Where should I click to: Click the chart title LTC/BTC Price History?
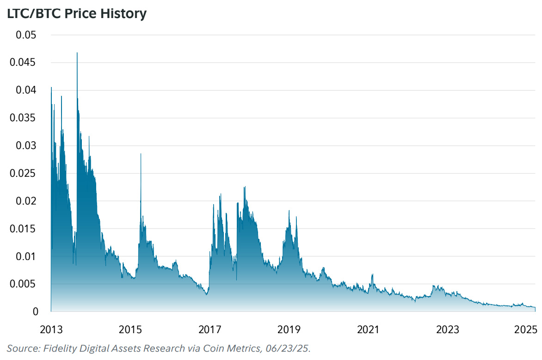click(76, 13)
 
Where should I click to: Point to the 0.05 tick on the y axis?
click(26, 35)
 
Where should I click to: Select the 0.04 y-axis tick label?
click(26, 90)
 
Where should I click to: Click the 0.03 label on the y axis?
click(26, 146)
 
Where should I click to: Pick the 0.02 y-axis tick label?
click(26, 201)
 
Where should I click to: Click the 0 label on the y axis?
click(35, 311)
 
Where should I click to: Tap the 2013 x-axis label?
click(51, 330)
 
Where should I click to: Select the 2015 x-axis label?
click(130, 330)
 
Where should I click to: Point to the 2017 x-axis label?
click(209, 330)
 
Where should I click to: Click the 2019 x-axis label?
click(289, 330)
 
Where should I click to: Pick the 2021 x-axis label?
click(368, 330)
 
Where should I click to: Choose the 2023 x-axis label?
click(448, 330)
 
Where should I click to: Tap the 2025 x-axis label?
click(525, 330)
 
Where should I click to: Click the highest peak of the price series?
click(77, 53)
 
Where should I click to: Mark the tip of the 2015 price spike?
click(141, 154)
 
